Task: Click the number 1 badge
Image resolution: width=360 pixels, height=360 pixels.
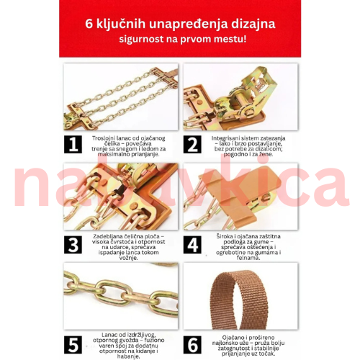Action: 72,144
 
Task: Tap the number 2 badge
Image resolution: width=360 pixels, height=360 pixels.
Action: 192,144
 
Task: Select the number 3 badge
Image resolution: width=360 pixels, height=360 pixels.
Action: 72,244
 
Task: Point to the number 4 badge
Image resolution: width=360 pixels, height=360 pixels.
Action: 192,244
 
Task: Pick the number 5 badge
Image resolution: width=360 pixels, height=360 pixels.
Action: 72,344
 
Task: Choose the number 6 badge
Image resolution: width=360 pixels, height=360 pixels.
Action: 192,344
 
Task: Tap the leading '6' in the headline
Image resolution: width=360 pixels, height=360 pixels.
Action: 88,23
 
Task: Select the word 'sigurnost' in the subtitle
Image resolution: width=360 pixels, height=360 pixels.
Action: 141,38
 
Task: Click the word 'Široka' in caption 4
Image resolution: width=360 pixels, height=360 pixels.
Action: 222,237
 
